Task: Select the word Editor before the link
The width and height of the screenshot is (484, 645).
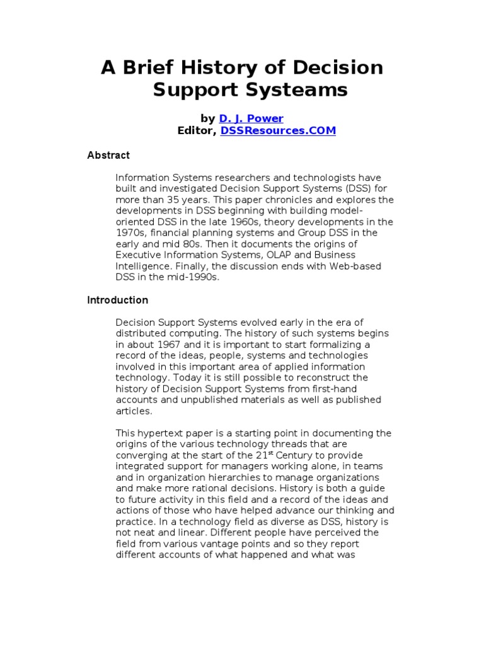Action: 197,130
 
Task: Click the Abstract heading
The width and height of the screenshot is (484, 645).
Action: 108,155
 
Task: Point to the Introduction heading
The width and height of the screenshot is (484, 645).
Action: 117,300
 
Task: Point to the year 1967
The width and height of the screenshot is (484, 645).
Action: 165,345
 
